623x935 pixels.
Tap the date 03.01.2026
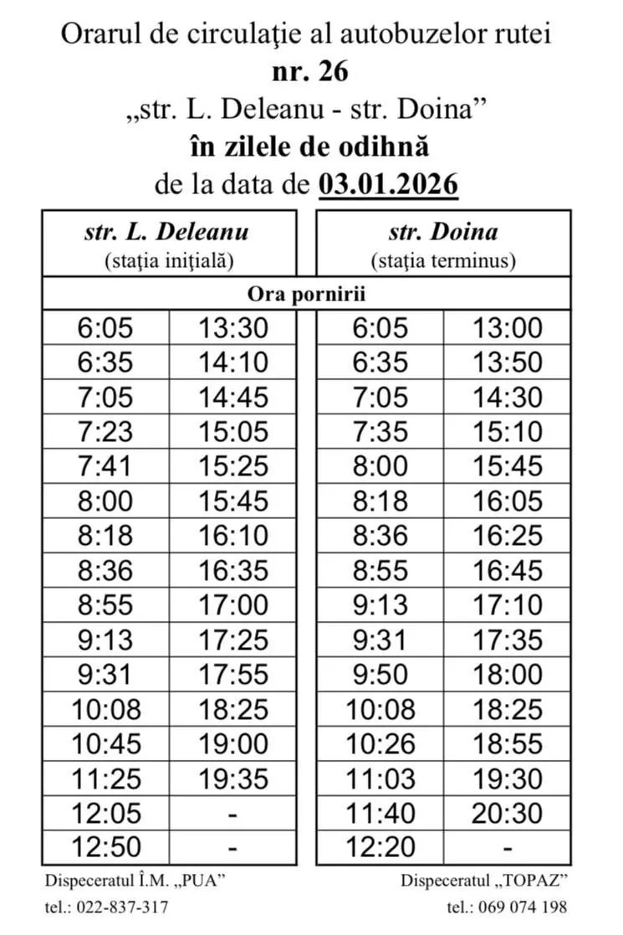(x=388, y=183)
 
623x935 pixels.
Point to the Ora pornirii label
(x=307, y=295)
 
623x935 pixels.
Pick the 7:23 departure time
(x=105, y=432)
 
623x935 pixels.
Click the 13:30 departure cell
(x=233, y=328)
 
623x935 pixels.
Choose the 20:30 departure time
(x=508, y=813)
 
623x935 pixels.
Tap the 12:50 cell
(x=105, y=848)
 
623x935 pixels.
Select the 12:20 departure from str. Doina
(x=380, y=848)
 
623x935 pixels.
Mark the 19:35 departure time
(x=233, y=778)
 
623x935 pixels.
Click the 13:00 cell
(x=508, y=328)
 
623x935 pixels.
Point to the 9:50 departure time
(x=380, y=675)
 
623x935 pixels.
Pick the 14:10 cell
(x=233, y=363)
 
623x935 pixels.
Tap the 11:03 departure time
(x=380, y=778)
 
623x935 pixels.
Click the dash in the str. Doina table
(x=508, y=848)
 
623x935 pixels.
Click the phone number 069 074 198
(x=519, y=907)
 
